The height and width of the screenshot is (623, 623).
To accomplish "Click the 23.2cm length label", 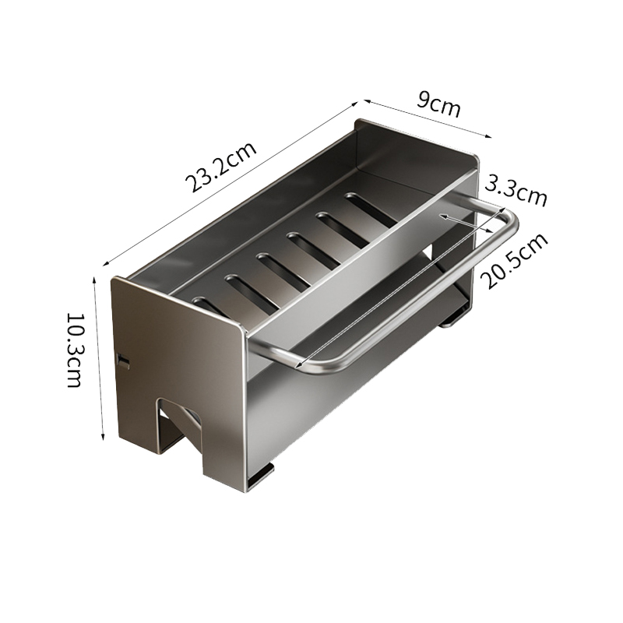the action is (x=221, y=167).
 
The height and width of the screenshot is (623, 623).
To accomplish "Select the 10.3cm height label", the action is (x=74, y=350).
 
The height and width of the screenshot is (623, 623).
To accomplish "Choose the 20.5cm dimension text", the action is (x=514, y=261).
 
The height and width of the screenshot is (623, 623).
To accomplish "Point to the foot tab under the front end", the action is (x=259, y=477).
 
